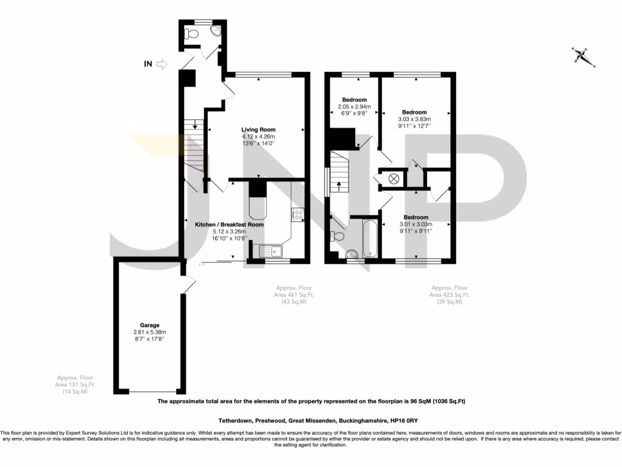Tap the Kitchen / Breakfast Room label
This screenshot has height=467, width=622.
pos(229,224)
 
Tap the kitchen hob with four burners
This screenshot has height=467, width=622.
pos(298,213)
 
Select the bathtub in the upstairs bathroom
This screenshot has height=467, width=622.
pos(371,240)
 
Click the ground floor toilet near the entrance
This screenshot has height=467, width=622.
pos(193,33)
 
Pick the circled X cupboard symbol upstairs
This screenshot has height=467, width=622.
pos(394,179)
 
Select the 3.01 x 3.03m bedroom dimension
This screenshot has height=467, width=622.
pos(415,224)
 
